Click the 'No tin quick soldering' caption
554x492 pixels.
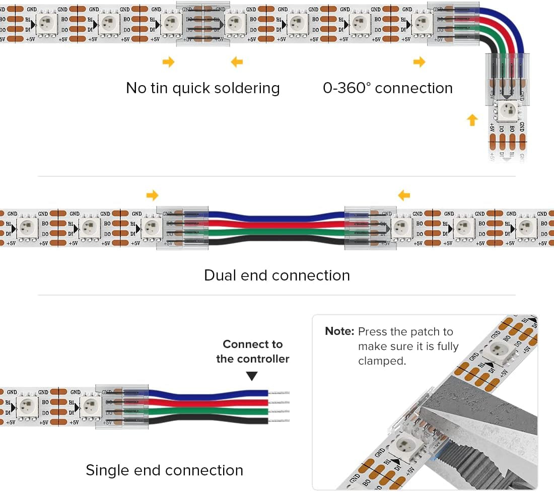coord(202,88)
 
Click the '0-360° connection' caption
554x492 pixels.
coord(387,88)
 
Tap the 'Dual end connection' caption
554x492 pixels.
coord(276,275)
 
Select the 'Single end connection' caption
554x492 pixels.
coord(164,470)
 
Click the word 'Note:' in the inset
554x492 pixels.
coord(340,332)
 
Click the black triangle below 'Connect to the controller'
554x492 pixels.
coord(252,376)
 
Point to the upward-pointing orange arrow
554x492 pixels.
coord(472,120)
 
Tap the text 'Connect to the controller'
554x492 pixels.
coord(253,352)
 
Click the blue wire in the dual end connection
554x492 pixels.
coord(276,216)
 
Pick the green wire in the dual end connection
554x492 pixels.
coord(276,233)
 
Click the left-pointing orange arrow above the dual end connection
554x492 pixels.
coord(403,195)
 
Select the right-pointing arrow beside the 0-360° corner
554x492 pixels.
coord(419,62)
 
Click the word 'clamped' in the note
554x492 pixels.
coord(381,361)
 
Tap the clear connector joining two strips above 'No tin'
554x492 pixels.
coord(202,24)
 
